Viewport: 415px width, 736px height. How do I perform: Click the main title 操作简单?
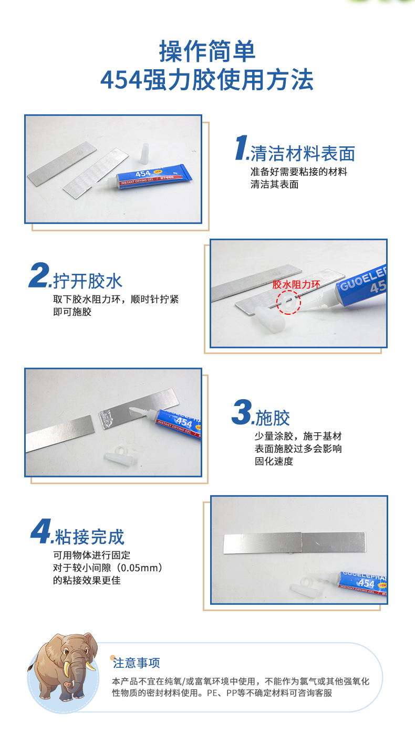click(x=207, y=51)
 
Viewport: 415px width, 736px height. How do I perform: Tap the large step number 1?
click(x=241, y=147)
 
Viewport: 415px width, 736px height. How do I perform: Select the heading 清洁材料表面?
click(x=303, y=154)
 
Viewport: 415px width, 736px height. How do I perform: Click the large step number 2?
click(x=39, y=275)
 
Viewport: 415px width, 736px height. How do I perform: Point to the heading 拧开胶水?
click(x=88, y=281)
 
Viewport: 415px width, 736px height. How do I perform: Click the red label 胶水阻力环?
click(x=296, y=284)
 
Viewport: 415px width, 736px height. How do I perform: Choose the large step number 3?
click(x=242, y=412)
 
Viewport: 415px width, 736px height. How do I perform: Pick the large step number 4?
click(x=41, y=531)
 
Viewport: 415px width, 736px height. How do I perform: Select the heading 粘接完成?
click(x=89, y=537)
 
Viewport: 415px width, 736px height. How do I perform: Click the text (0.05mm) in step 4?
click(x=140, y=568)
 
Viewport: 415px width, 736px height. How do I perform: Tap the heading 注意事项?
click(x=136, y=663)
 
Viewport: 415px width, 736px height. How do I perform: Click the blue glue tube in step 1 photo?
click(x=153, y=176)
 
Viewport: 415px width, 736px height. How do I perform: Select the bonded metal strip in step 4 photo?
click(x=294, y=543)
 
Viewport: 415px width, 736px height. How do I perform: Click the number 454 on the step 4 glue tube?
click(x=366, y=583)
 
